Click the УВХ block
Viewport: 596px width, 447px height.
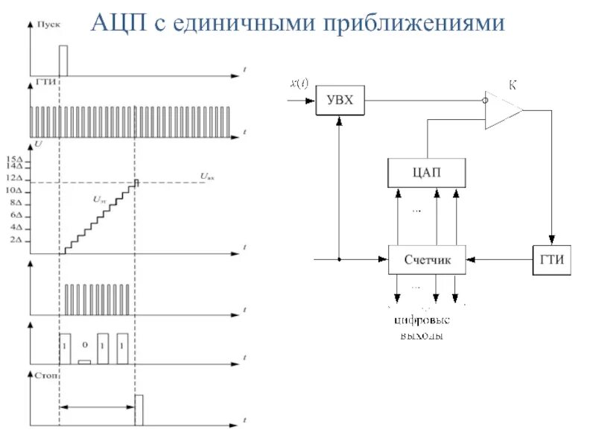[340, 101]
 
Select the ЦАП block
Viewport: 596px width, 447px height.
[427, 173]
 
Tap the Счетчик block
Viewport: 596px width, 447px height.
[427, 261]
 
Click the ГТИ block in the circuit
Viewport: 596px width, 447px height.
[551, 261]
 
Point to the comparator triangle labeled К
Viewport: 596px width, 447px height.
[501, 110]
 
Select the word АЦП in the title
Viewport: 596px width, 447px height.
[119, 23]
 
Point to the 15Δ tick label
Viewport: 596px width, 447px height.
[15, 159]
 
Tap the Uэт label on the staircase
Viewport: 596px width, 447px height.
[99, 200]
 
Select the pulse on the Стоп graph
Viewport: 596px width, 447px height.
[139, 410]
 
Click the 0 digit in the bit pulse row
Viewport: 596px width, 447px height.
[84, 345]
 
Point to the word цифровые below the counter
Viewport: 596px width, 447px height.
[422, 321]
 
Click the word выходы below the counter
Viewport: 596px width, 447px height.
[422, 336]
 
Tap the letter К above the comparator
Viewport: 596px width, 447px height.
[512, 86]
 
